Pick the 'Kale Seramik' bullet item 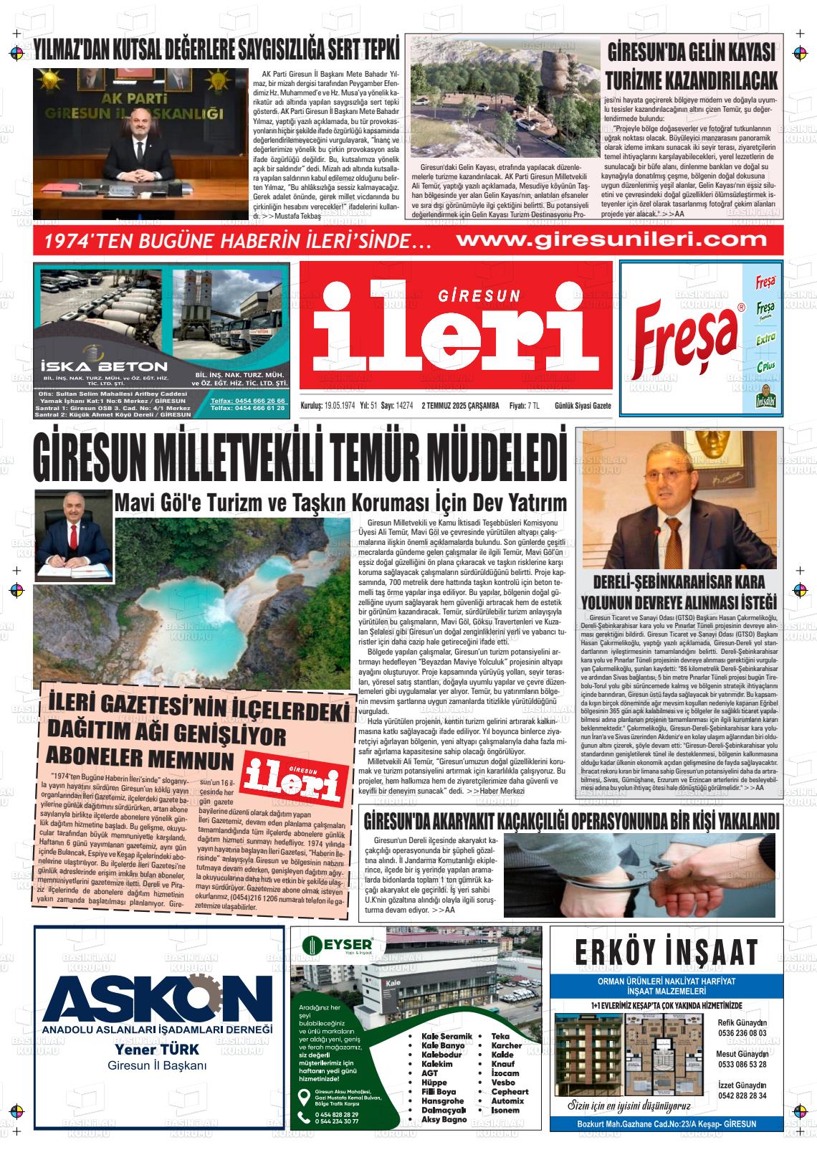446,1036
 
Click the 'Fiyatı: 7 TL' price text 525,406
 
